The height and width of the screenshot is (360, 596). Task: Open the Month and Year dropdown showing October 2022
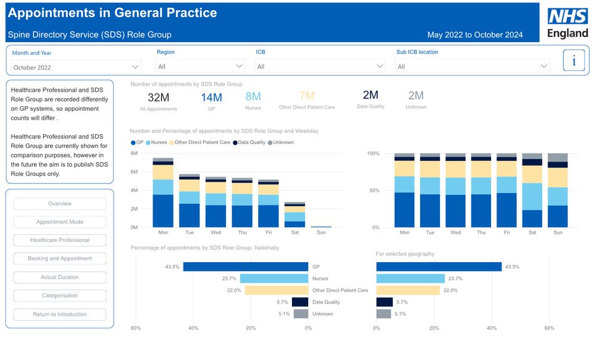(x=76, y=67)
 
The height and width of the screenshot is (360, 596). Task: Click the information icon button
(x=574, y=61)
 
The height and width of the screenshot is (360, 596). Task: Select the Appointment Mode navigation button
(x=60, y=222)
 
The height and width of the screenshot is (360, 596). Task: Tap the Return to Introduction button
(x=60, y=314)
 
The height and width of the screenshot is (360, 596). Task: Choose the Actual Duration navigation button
(x=60, y=277)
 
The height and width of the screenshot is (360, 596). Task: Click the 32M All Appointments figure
(x=159, y=98)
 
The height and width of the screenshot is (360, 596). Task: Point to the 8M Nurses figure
(x=253, y=97)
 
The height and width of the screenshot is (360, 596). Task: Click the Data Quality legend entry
(x=249, y=142)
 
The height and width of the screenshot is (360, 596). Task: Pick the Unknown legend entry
(x=281, y=142)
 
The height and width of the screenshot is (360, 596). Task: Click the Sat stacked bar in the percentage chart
(x=532, y=190)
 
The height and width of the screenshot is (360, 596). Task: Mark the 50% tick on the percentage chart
(x=373, y=191)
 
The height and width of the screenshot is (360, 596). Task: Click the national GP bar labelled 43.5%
(x=246, y=267)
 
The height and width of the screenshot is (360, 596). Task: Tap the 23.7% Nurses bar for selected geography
(x=411, y=278)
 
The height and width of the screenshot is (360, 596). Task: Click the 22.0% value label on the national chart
(x=234, y=290)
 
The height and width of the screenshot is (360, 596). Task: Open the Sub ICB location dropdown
(x=473, y=66)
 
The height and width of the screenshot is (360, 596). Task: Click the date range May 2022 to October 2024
(x=475, y=35)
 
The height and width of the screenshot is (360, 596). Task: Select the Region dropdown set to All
(x=200, y=66)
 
